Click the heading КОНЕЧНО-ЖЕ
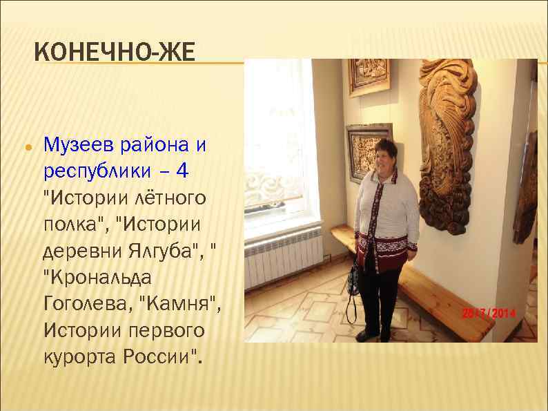click(115, 51)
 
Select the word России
click(163, 357)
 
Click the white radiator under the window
click(284, 255)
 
